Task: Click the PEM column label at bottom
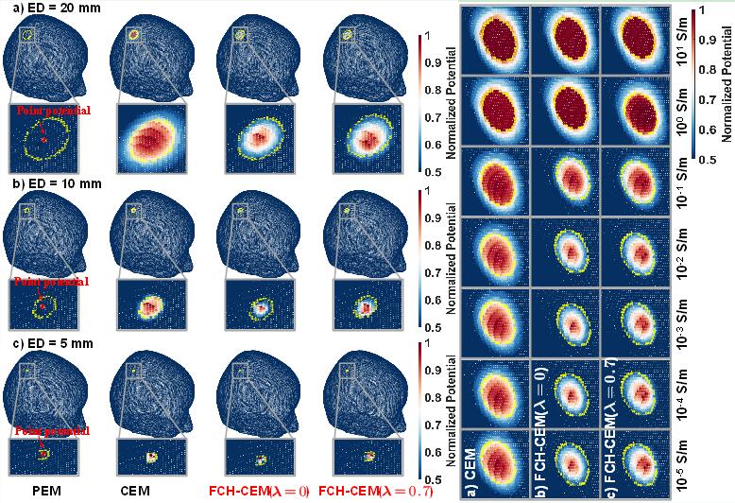coord(47,491)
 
